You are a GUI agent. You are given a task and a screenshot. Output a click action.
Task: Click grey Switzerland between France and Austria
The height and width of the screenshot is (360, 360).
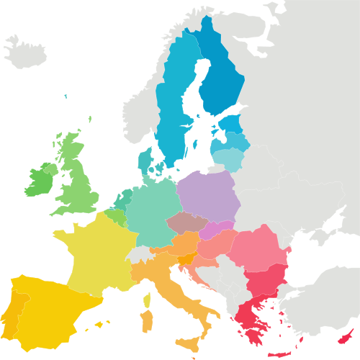pos(141,254)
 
